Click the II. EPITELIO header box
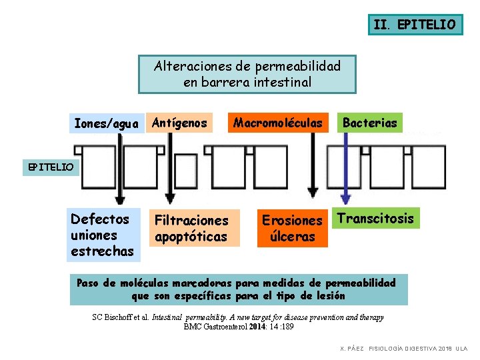(415, 25)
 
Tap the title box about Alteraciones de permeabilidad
(247, 74)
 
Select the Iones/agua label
(107, 123)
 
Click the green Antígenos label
(179, 123)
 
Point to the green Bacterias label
(370, 123)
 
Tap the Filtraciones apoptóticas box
(191, 228)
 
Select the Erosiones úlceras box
(292, 228)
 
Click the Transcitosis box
(376, 219)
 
